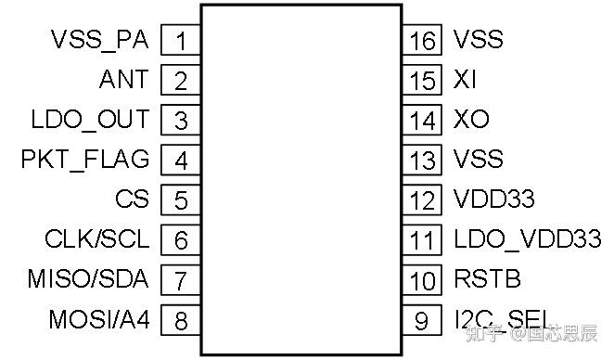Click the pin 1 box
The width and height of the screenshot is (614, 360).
click(181, 40)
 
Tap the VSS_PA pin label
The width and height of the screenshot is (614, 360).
click(100, 40)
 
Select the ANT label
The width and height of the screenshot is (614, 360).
click(123, 79)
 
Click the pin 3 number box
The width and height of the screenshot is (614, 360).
click(181, 120)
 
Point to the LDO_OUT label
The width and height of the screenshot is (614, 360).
click(90, 120)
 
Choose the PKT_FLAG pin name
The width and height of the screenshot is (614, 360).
click(85, 160)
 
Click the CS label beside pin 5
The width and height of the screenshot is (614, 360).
click(132, 199)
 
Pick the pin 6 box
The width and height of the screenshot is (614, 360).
click(181, 239)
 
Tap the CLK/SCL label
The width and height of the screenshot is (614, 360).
click(97, 238)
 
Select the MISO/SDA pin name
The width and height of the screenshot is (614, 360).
click(88, 278)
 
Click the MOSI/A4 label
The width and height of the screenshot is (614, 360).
click(99, 319)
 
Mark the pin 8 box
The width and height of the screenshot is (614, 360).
click(181, 320)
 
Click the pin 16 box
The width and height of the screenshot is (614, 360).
click(422, 40)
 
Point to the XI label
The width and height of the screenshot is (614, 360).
click(465, 79)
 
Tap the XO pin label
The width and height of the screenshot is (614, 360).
click(471, 119)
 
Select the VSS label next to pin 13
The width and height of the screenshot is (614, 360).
click(478, 159)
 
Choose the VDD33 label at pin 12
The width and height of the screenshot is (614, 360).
click(493, 199)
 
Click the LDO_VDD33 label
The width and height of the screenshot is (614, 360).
click(528, 238)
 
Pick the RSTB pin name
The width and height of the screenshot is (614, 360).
click(488, 278)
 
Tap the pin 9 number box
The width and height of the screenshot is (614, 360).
click(422, 320)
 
